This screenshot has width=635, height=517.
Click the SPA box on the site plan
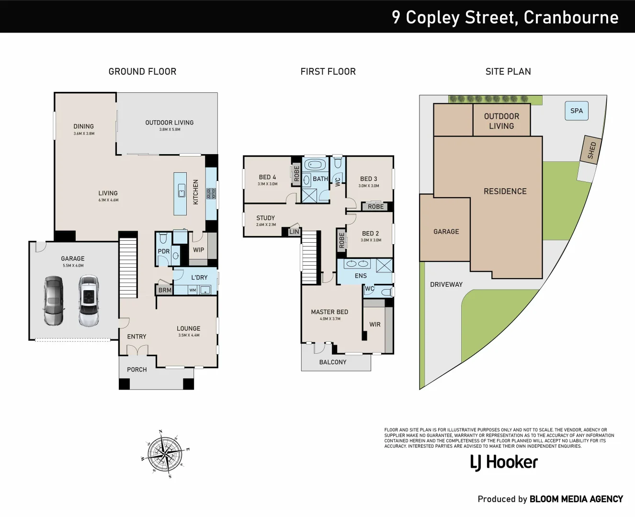576,111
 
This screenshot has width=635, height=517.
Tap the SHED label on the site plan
591,150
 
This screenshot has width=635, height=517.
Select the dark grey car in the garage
53,301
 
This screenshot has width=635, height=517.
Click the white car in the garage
89,301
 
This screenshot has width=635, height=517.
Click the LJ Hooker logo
504,462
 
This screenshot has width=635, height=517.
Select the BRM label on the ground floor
165,290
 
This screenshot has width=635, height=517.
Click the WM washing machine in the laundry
193,290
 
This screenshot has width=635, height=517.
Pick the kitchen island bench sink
181,191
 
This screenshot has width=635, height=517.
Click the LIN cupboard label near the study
294,232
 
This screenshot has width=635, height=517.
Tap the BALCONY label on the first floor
332,362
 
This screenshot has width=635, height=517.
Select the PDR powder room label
164,251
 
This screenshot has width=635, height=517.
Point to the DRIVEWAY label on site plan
446,284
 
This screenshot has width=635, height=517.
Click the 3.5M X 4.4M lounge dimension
189,335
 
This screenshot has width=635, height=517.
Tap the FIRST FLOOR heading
328,72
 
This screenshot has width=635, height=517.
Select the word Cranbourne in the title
571,17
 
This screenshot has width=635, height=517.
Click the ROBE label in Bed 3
376,207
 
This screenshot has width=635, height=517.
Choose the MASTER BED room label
329,312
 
